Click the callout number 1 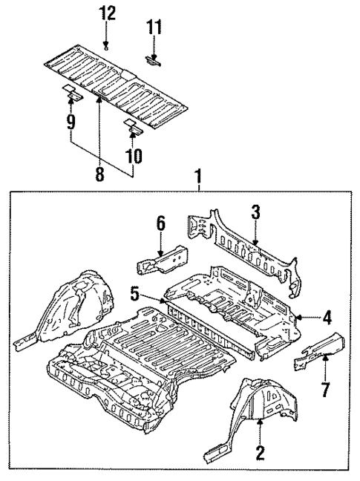coord(198,177)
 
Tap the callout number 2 coord(259,450)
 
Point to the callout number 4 coord(327,318)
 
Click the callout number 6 coord(160,223)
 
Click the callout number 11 coord(154,28)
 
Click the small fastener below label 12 coord(108,46)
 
